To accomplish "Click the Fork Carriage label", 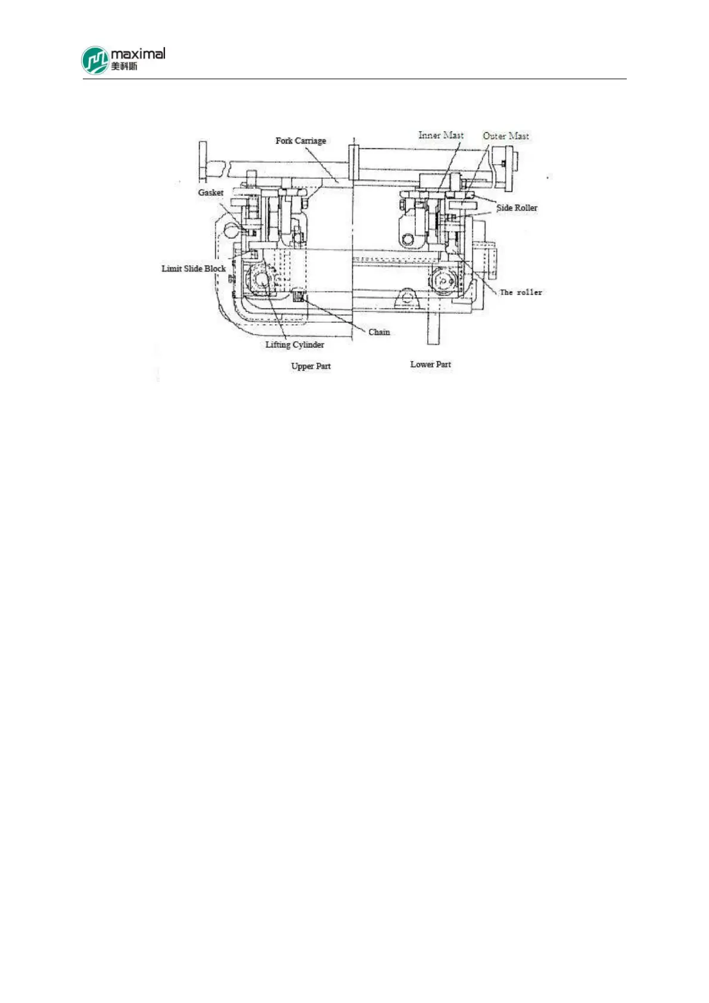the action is point(300,141).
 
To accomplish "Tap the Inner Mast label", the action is point(440,135).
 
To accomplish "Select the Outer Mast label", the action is point(505,136).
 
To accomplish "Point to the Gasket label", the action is point(210,192).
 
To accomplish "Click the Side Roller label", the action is point(517,208).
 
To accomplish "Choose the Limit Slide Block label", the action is point(194,269).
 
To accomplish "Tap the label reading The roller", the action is point(521,292).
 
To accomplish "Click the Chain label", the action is point(379,332).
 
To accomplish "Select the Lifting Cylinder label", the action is point(294,345).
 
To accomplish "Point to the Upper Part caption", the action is point(310,366).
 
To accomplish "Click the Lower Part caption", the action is point(430,365).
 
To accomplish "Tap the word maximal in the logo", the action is point(138,54).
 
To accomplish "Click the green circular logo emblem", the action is point(95,61).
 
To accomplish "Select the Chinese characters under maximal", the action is point(124,66).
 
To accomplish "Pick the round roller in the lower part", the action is point(444,281).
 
